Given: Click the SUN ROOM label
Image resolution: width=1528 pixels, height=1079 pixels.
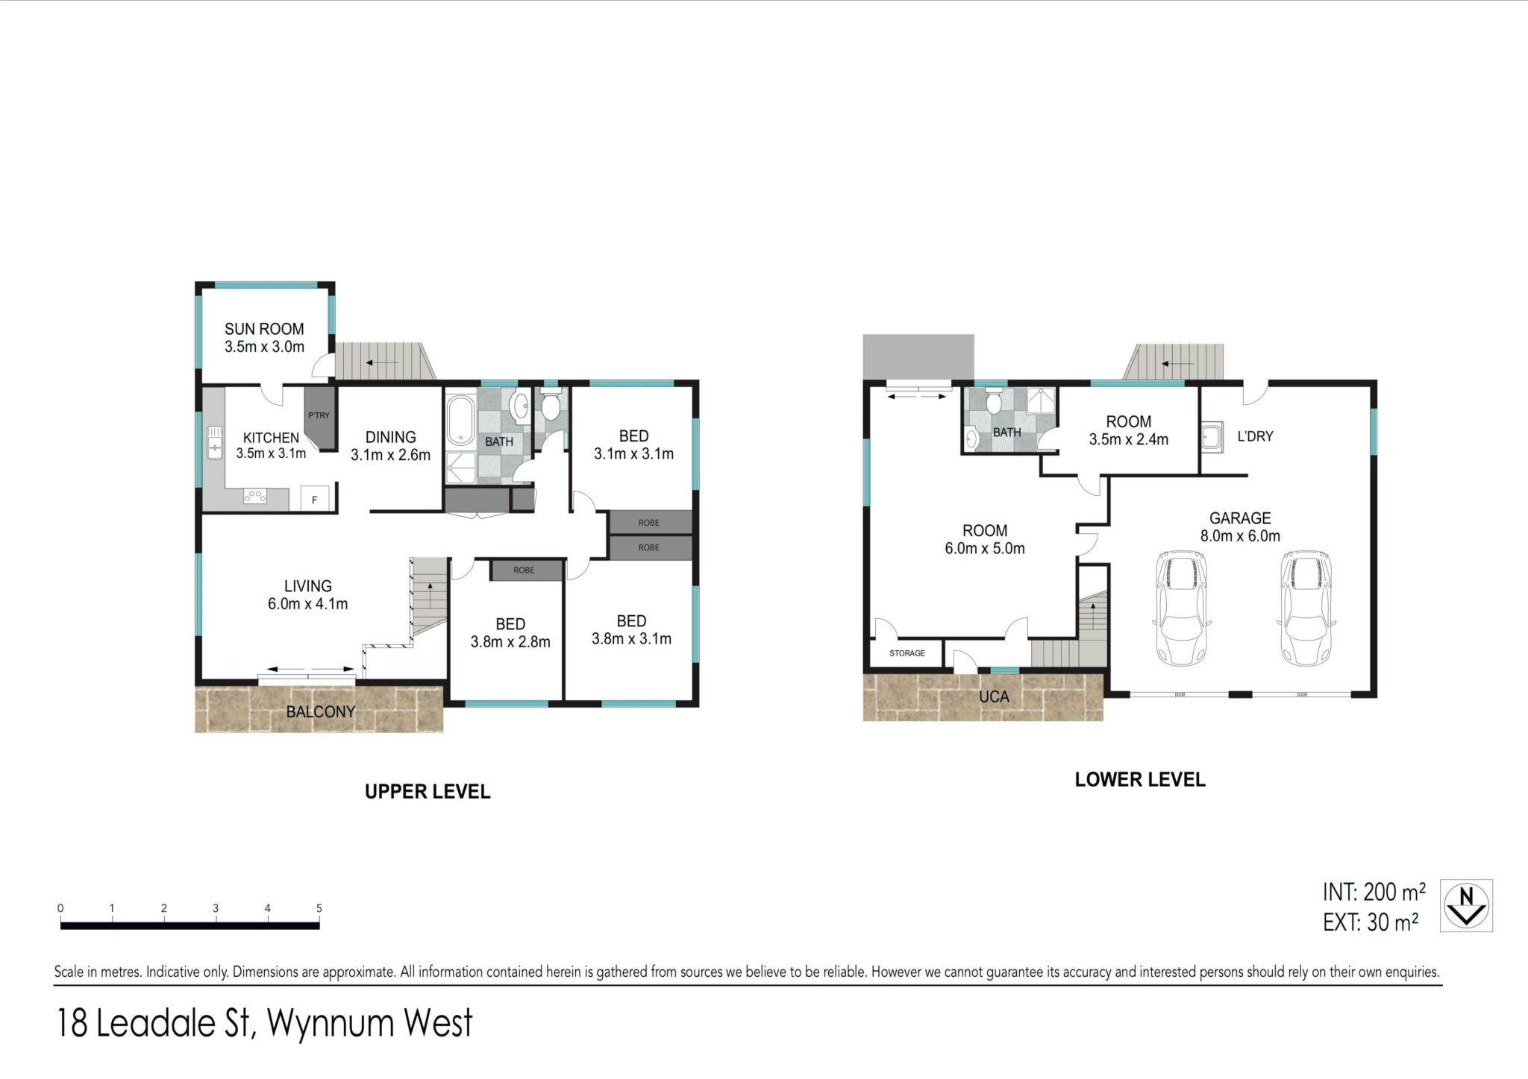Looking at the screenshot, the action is [x=264, y=329].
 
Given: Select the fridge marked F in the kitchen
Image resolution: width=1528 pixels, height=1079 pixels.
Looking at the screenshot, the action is [x=315, y=499].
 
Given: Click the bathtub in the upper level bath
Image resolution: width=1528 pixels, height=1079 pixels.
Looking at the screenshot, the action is [x=460, y=420].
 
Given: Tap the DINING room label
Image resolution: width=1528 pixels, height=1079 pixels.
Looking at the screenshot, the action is [x=390, y=437].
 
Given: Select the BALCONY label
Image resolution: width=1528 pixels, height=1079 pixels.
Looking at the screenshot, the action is [x=321, y=711].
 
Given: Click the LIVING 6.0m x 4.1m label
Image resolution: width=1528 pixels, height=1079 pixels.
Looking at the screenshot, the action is [x=307, y=595].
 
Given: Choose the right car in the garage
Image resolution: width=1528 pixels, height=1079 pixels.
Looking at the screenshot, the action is [x=1306, y=608].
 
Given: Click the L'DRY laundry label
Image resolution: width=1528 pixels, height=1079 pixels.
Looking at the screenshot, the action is [x=1255, y=436].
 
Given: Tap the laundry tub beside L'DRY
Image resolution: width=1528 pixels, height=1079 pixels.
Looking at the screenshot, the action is [x=1212, y=437].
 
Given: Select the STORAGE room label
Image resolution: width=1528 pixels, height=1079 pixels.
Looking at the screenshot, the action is [x=907, y=653].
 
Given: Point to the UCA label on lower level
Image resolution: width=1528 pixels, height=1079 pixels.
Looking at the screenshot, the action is [x=994, y=696].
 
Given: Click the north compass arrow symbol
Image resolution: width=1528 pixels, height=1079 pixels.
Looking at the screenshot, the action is [x=1466, y=905].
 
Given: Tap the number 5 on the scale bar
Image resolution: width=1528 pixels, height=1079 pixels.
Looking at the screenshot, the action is [x=319, y=908].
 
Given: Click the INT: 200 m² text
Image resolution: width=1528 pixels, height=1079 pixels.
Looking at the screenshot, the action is [x=1374, y=892].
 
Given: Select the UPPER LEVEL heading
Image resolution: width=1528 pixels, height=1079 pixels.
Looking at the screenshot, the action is [x=428, y=792].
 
